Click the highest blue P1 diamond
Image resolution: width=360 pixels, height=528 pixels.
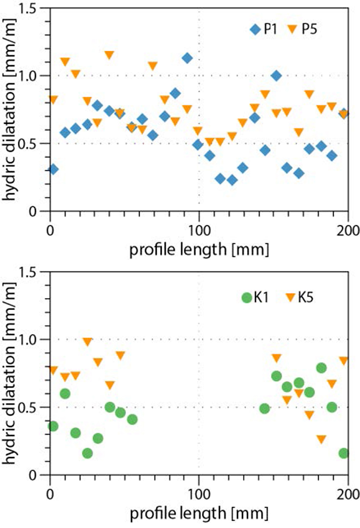(187, 58)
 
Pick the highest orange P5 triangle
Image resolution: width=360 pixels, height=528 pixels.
(109, 55)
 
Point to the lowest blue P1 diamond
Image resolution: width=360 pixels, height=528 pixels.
(232, 180)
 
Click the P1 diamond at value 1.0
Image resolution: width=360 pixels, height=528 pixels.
(277, 76)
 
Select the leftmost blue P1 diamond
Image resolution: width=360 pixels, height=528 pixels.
(53, 169)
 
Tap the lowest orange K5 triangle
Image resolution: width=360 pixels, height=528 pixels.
(321, 439)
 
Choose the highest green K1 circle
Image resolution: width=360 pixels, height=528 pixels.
(321, 368)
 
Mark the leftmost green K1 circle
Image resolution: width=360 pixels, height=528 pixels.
(53, 426)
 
